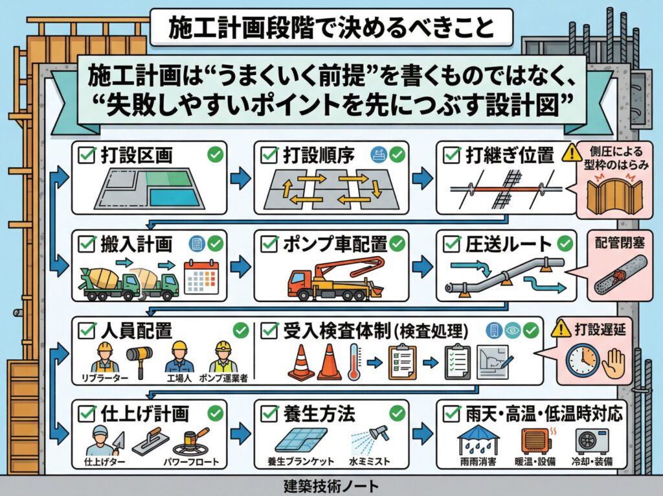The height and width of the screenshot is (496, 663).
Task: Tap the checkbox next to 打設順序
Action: click(269, 156)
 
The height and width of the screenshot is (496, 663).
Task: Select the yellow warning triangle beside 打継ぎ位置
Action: click(572, 153)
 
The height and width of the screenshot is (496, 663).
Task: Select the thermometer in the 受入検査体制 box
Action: click(354, 361)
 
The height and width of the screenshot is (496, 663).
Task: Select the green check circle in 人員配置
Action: click(240, 331)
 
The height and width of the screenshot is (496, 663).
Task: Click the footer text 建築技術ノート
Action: click(331, 486)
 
